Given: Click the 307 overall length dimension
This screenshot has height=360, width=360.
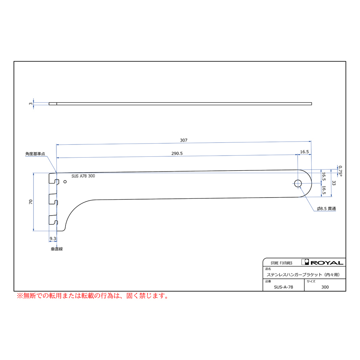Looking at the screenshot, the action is (x=184, y=140).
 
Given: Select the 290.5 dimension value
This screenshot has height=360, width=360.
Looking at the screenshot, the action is (x=177, y=153).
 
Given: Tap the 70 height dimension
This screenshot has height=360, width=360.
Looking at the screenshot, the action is (x=31, y=202).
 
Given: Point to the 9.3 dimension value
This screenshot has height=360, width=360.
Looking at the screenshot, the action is (x=53, y=238).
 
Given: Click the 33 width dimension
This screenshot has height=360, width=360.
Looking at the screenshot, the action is (x=334, y=183).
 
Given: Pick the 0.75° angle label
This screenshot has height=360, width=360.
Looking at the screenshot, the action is (x=340, y=171).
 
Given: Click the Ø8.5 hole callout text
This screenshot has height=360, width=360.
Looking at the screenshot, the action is (x=326, y=208).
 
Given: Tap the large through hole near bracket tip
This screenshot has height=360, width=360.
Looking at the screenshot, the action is (x=298, y=184).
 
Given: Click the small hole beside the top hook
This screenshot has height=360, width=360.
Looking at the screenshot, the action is (x=65, y=182).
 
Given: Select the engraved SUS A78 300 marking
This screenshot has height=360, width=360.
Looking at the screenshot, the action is (x=83, y=176).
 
